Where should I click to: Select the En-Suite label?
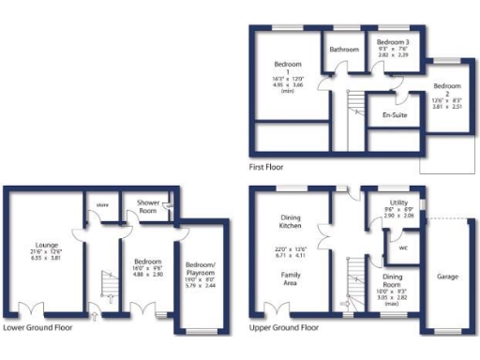pyautogui.click(x=394, y=115)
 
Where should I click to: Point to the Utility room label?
pyautogui.click(x=398, y=202)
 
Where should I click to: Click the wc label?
pyautogui.click(x=402, y=248)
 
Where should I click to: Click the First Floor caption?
pyautogui.click(x=267, y=168)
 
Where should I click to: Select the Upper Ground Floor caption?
pyautogui.click(x=283, y=329)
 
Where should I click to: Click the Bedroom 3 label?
pyautogui.click(x=393, y=43)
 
